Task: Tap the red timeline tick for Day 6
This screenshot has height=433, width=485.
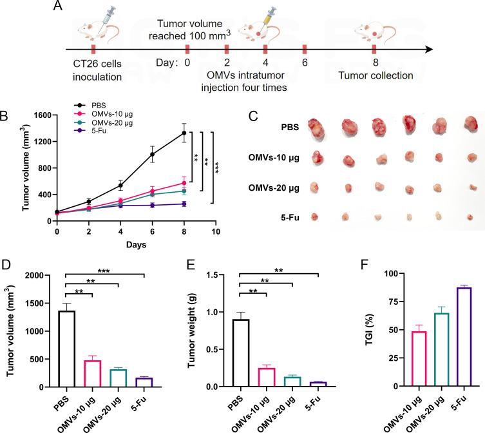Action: click(x=304, y=49)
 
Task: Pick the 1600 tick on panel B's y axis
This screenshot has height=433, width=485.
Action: click(x=41, y=115)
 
